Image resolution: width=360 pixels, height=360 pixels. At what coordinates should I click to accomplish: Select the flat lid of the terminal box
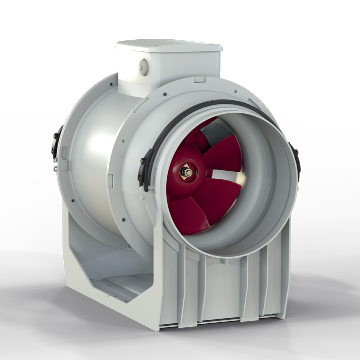click(169, 47)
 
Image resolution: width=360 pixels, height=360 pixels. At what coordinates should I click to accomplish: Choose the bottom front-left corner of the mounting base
click(160, 328)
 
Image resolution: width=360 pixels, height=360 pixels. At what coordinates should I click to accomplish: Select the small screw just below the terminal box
click(166, 92)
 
